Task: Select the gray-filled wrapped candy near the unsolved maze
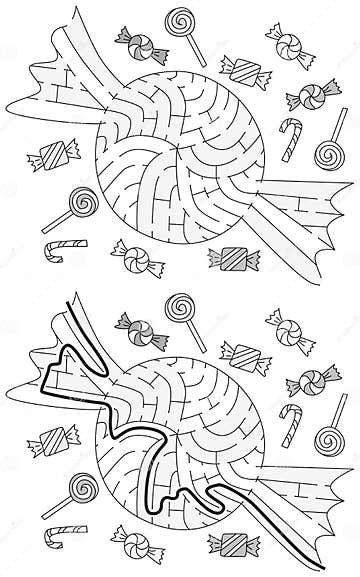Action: [x=228, y=258]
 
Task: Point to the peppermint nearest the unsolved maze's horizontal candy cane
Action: [x=132, y=255]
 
